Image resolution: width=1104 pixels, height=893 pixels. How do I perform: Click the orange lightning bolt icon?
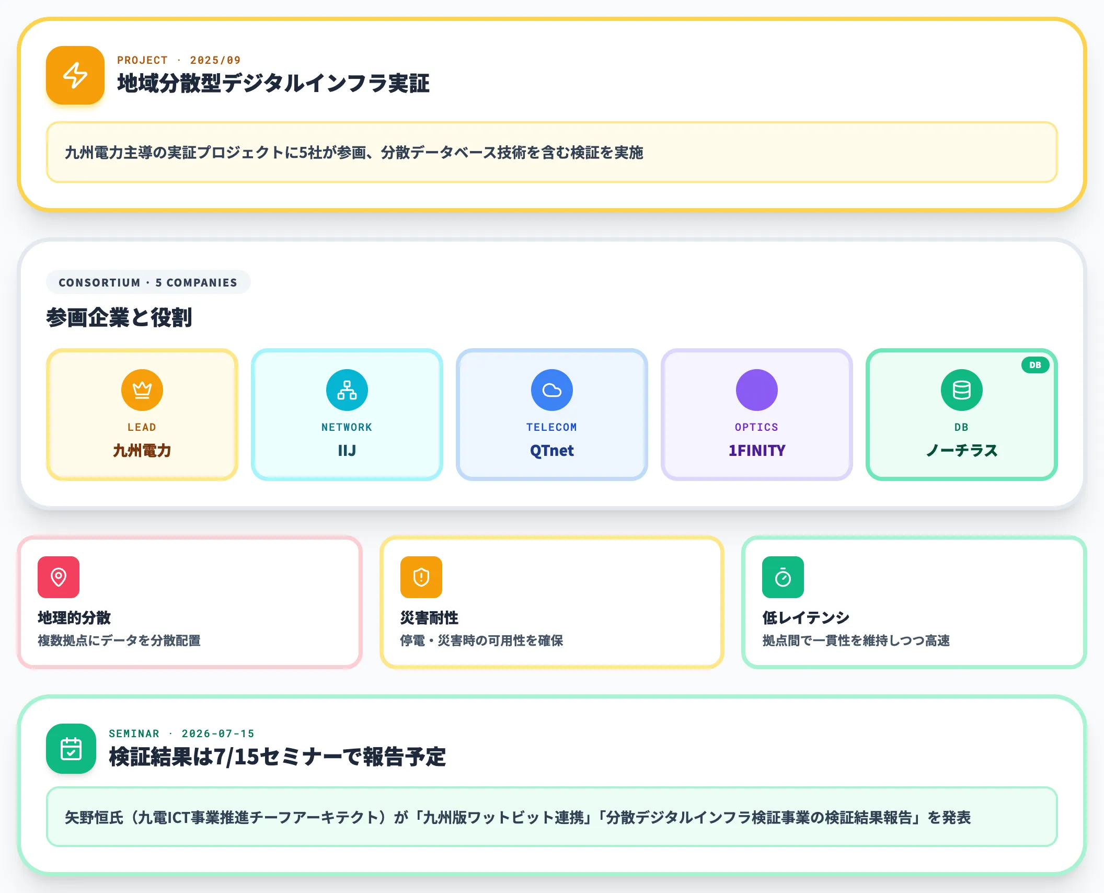[x=75, y=75]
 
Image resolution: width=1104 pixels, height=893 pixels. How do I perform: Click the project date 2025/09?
[x=215, y=60]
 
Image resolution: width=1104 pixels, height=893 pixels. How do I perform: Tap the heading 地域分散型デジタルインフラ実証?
[x=273, y=83]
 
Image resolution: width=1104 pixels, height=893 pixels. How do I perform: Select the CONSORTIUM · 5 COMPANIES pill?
[x=148, y=282]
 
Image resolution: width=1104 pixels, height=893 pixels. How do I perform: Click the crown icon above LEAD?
[x=142, y=390]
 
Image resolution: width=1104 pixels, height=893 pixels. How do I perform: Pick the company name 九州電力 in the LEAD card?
[x=142, y=450]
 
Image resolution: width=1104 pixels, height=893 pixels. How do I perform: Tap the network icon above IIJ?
[x=347, y=390]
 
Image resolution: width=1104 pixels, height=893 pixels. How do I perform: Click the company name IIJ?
[x=347, y=450]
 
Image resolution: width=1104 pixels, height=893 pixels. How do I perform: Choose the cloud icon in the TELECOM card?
[x=552, y=390]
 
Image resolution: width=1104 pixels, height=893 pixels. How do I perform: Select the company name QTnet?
[x=552, y=450]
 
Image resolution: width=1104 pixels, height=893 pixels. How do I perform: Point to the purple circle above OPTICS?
[x=757, y=390]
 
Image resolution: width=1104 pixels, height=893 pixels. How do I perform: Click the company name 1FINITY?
[x=757, y=450]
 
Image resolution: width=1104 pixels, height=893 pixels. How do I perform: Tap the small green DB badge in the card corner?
[x=1035, y=365]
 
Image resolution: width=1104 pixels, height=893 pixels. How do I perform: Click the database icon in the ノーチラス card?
[x=962, y=390]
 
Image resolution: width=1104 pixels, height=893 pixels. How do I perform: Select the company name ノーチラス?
[x=962, y=450]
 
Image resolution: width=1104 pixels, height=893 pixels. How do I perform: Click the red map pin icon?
[x=59, y=577]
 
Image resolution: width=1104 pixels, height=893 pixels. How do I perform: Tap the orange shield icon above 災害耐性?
[x=421, y=577]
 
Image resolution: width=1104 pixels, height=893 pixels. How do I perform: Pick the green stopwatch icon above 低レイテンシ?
[x=783, y=577]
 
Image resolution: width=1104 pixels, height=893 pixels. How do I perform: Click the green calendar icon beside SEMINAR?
[x=71, y=749]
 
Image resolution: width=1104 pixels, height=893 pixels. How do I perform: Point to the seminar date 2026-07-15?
[x=218, y=734]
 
